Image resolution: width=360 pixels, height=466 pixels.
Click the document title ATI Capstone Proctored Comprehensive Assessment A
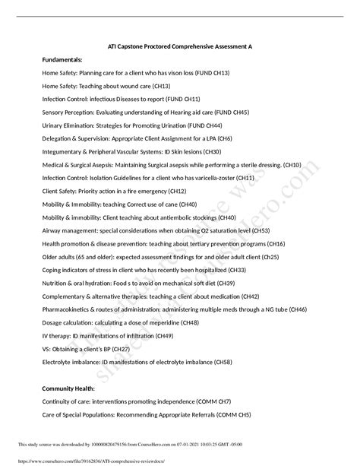[x=180, y=46]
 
